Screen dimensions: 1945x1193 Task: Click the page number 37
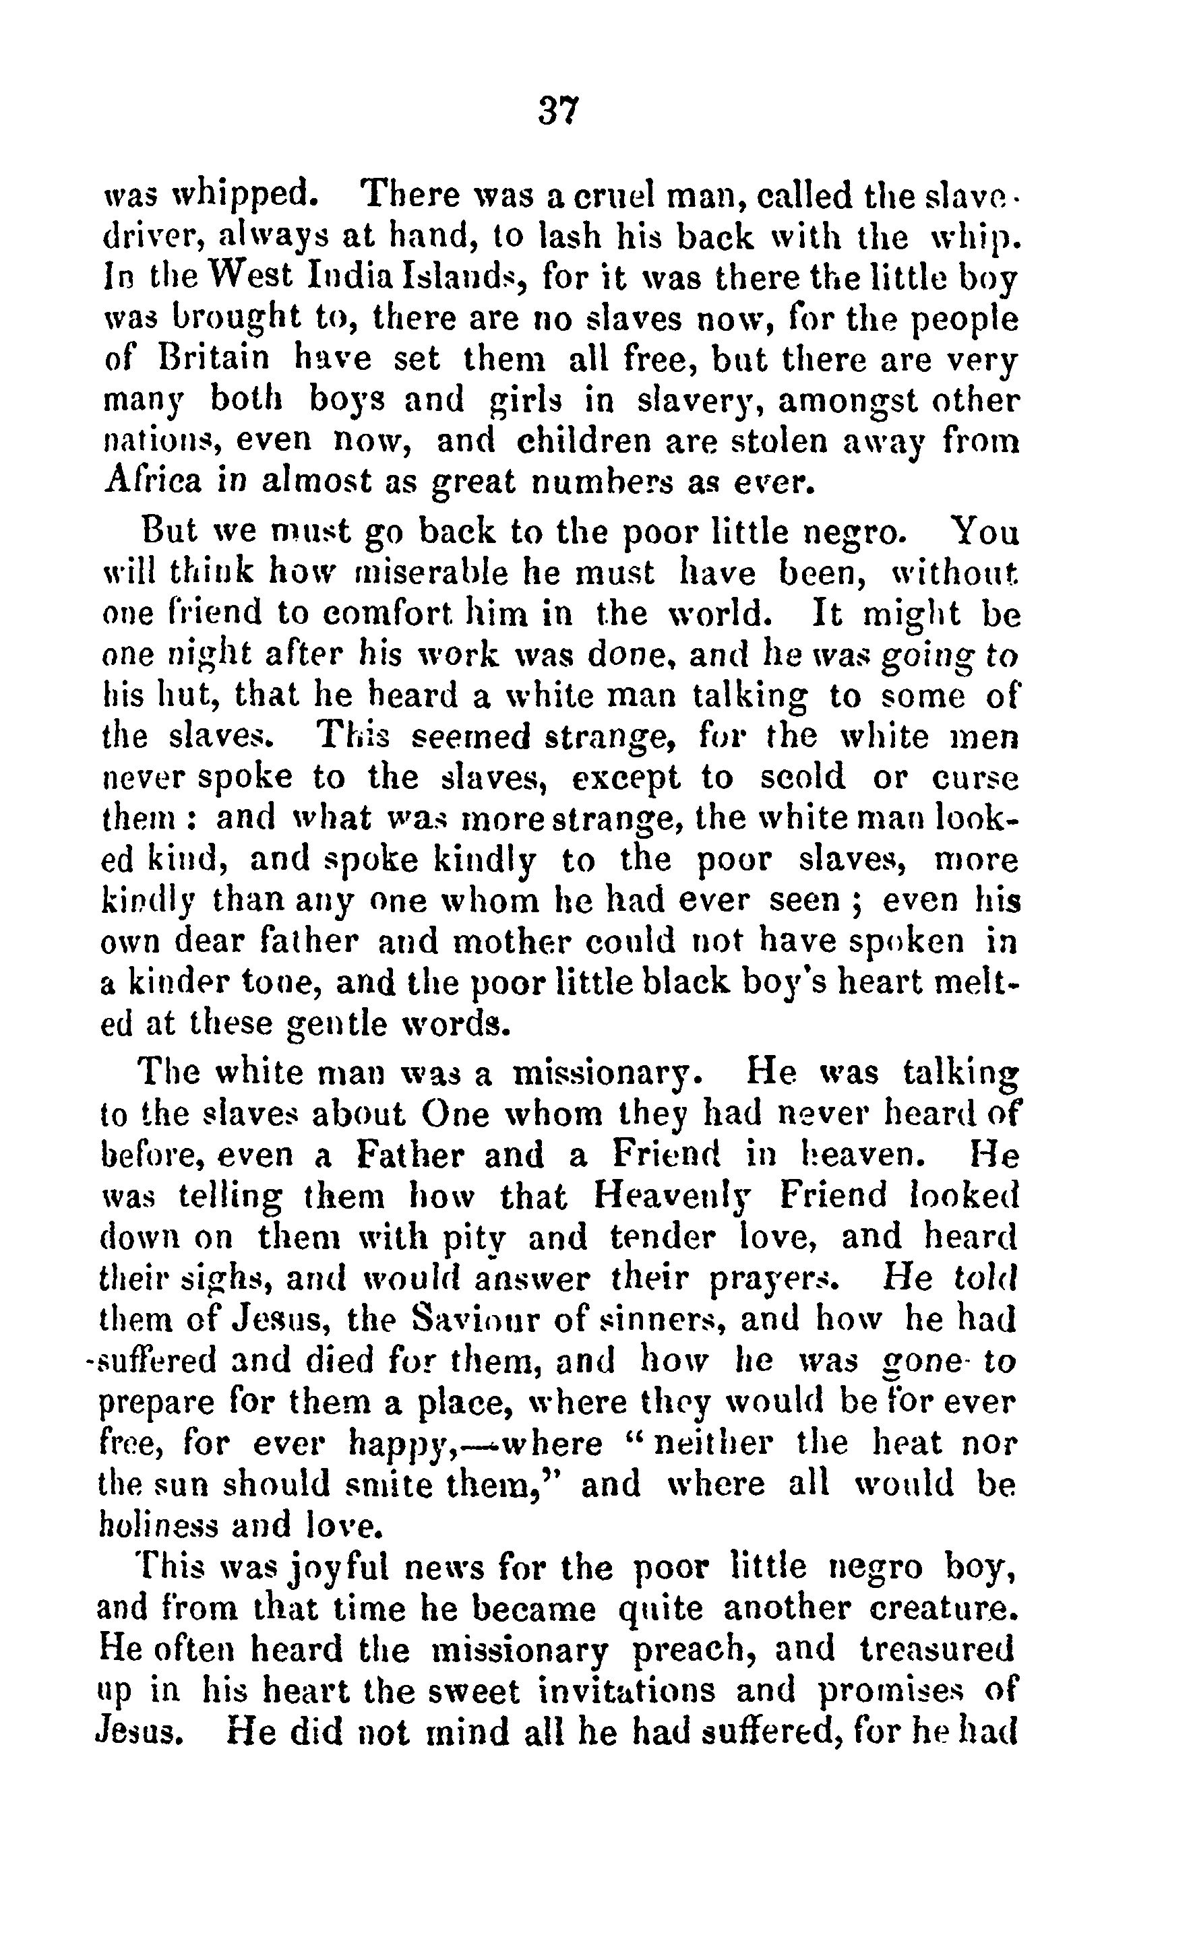[559, 110]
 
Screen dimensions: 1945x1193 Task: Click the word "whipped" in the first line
[239, 194]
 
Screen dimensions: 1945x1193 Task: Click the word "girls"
[526, 400]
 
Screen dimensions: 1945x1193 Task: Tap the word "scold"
[802, 777]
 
